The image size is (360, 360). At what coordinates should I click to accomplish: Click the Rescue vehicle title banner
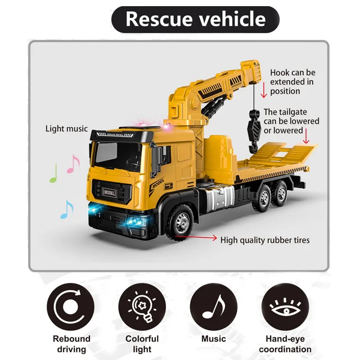pos(195,19)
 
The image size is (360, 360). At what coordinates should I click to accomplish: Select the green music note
pos(53,173)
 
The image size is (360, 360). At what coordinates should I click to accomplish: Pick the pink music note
pos(73,164)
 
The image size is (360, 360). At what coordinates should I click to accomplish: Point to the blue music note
pos(66,209)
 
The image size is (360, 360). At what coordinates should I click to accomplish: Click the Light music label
pos(66,129)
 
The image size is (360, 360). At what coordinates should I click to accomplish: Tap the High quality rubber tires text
pos(264,240)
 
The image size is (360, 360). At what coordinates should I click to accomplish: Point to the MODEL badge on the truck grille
pos(109,191)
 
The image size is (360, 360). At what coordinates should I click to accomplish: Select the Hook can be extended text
pos(292,82)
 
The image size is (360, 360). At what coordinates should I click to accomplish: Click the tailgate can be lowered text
pos(291,121)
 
